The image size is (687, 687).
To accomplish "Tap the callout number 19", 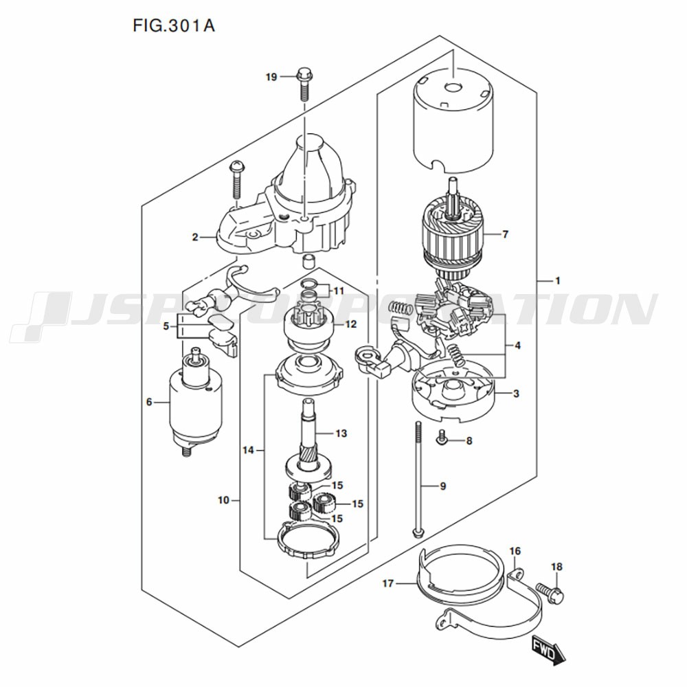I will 271,77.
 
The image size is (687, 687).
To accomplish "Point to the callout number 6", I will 148,402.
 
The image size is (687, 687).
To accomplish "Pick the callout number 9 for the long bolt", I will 442,486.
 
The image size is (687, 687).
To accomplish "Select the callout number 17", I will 388,584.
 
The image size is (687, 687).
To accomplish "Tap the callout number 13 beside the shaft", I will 341,433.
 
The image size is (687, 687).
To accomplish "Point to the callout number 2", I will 195,238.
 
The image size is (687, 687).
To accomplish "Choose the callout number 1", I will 558,280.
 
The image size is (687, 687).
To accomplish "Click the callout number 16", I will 515,551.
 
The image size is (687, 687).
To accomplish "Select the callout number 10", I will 223,500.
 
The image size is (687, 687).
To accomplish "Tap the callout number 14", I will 248,450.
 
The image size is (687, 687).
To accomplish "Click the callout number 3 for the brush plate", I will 516,394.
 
